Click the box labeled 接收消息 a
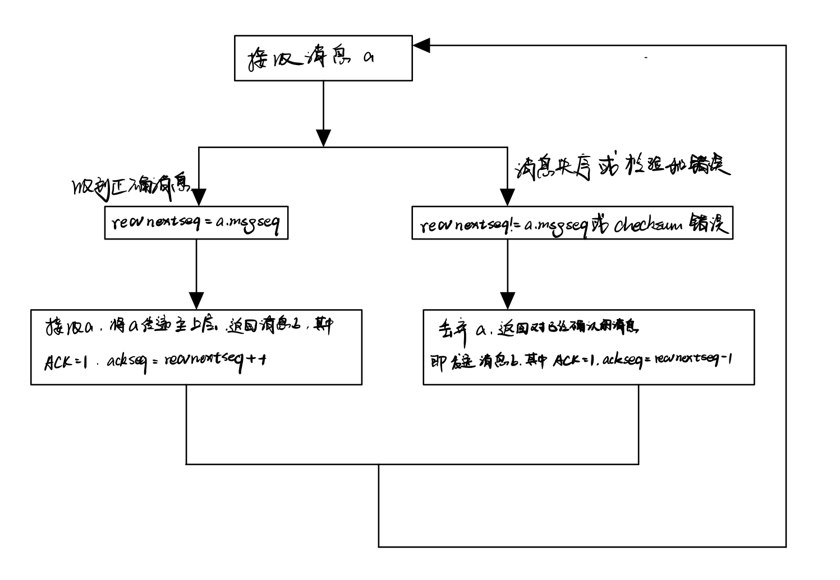(323, 58)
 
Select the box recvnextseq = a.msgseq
(196, 223)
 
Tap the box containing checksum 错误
(572, 223)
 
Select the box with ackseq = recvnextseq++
(196, 347)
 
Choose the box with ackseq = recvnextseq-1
(588, 347)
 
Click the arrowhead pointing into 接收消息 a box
(421, 45)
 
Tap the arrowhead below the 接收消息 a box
(323, 138)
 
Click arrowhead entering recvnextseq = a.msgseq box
(196, 197)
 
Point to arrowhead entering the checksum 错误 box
(507, 197)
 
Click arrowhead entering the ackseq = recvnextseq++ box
(196, 301)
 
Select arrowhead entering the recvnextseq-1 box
(507, 301)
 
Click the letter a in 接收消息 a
(368, 58)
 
